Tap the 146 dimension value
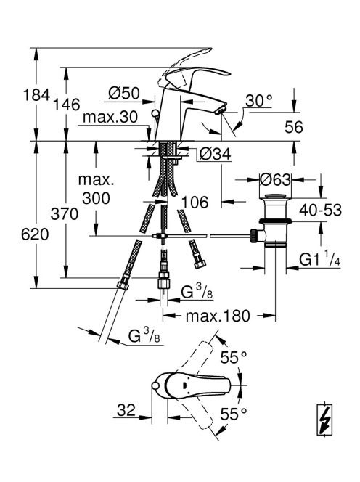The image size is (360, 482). click(66, 105)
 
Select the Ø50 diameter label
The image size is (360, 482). click(124, 93)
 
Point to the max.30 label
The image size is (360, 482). click(110, 117)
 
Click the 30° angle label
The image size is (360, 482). click(259, 100)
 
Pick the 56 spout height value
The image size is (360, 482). click(294, 127)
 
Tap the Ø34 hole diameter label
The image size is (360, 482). click(215, 154)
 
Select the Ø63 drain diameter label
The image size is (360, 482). click(275, 179)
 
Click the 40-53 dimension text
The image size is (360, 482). click(321, 210)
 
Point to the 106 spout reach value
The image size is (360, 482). click(195, 202)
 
